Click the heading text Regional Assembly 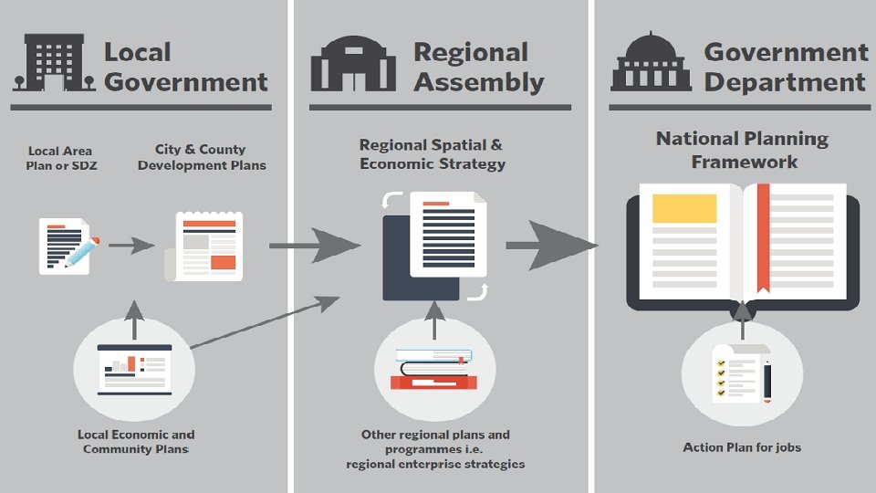click(478, 67)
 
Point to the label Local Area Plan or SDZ click(59, 157)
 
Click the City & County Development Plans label click(201, 157)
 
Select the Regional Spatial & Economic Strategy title click(431, 154)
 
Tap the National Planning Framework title click(743, 150)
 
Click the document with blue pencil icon click(66, 245)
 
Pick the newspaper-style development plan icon click(209, 246)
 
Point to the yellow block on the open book click(683, 209)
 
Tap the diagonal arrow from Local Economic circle click(265, 321)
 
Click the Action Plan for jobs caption click(742, 447)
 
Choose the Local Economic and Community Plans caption click(136, 442)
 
